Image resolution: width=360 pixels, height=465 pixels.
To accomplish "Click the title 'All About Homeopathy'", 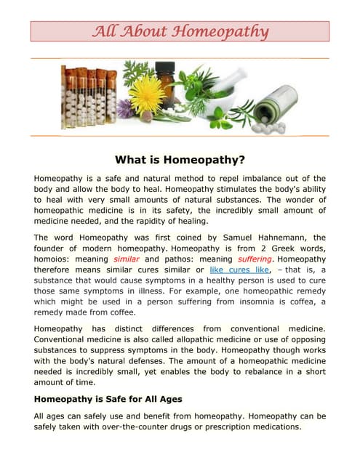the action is coord(180,31).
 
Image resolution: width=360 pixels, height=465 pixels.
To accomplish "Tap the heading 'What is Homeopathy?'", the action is coord(180,159).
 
